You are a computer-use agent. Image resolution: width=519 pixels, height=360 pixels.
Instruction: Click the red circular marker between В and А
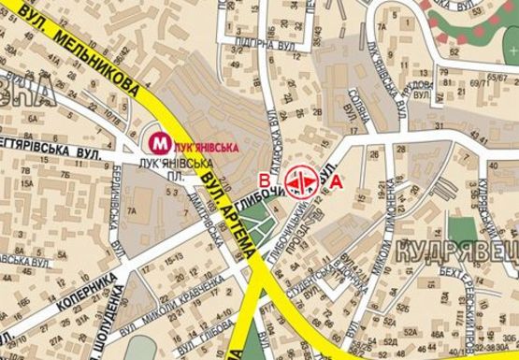point(302,180)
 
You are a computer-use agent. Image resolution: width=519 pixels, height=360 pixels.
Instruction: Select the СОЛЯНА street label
point(361,112)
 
